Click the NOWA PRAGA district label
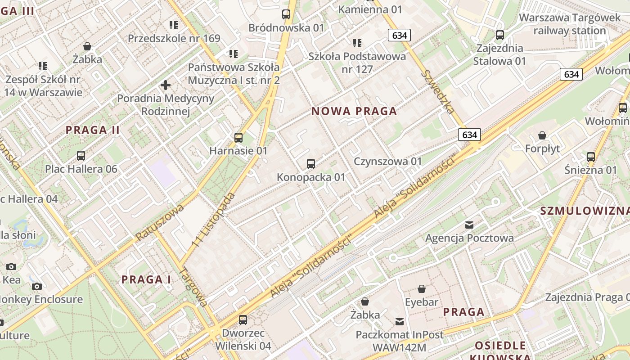[354, 111]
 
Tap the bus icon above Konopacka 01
[310, 164]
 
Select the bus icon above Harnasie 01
[238, 138]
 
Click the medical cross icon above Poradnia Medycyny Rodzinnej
[166, 85]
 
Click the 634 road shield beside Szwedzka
[469, 135]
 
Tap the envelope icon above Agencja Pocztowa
[469, 225]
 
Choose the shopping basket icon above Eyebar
[422, 289]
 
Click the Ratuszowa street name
[160, 222]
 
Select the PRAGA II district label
[93, 130]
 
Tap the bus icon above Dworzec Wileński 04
[243, 320]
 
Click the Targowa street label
[193, 287]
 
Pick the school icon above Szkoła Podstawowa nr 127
[357, 43]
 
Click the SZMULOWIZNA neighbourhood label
[585, 211]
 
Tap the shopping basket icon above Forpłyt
[542, 135]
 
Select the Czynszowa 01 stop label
[388, 162]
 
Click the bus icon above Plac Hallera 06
[81, 156]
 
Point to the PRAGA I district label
[146, 280]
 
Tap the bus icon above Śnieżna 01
[591, 157]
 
